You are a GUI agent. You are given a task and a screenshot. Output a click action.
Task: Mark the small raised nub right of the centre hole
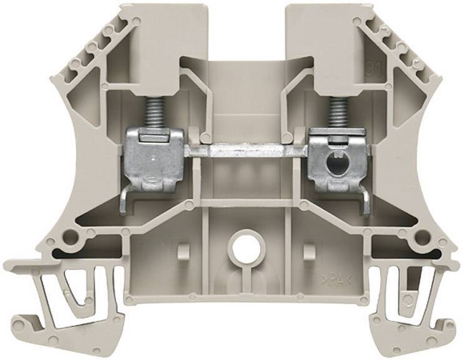click(306, 250)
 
